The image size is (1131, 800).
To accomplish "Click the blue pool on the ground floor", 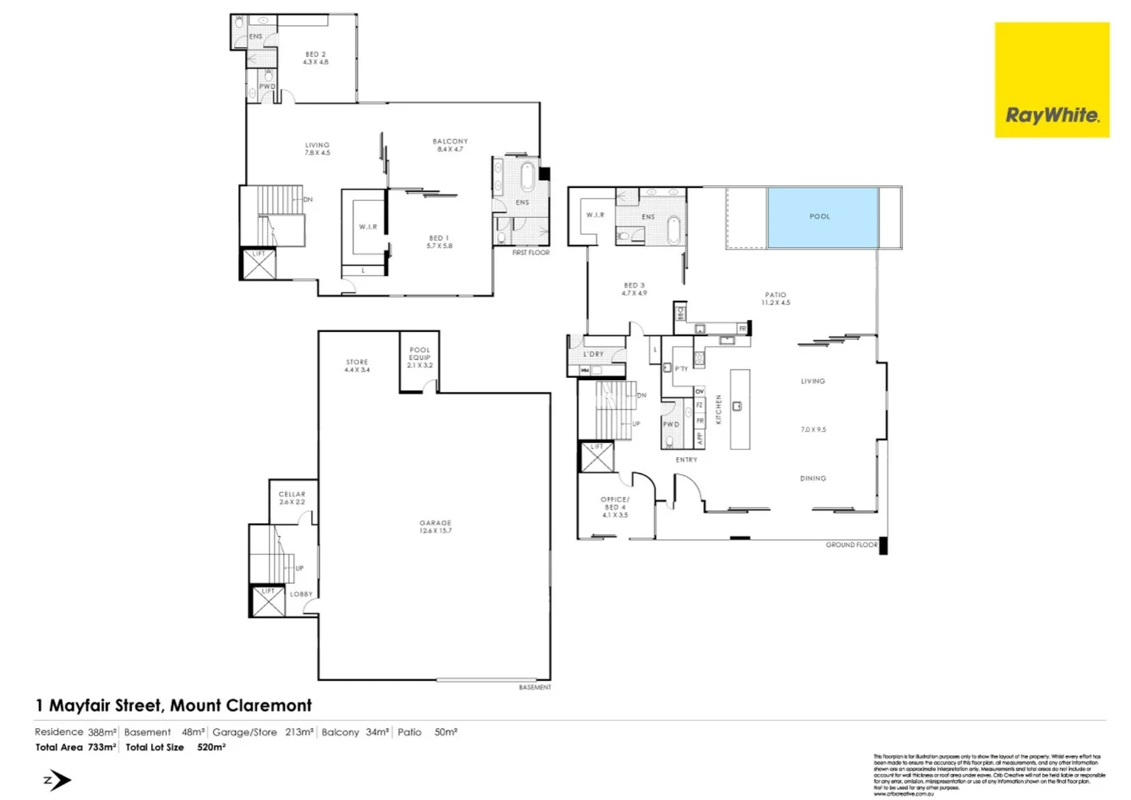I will click(822, 217).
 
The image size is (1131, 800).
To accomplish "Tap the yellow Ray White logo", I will click(1051, 80).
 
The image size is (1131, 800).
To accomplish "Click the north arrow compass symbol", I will click(57, 780).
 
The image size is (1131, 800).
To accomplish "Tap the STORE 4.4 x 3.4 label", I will click(357, 365).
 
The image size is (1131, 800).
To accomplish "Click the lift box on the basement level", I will click(267, 601).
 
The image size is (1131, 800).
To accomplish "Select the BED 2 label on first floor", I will click(315, 58).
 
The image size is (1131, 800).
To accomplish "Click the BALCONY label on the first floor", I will click(450, 144).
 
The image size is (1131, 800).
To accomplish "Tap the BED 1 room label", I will click(439, 241).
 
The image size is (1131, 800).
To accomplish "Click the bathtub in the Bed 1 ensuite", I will click(527, 177).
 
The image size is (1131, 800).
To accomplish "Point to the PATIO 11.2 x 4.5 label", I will click(776, 298).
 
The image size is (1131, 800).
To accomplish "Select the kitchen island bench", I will click(739, 409).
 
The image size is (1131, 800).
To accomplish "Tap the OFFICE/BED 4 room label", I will click(614, 507).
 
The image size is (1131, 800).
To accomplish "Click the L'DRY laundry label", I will click(593, 354).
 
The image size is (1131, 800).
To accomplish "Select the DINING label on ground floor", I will click(813, 479).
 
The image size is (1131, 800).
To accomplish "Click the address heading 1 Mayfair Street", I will click(174, 705).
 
